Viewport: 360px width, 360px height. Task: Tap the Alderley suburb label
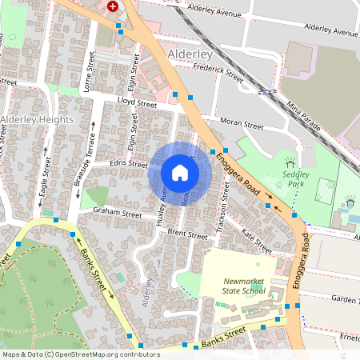click(190, 54)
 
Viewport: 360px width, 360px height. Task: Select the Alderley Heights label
click(37, 119)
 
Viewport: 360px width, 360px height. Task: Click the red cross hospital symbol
click(113, 5)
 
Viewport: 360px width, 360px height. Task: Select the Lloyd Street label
click(137, 102)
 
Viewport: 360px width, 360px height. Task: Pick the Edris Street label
click(129, 163)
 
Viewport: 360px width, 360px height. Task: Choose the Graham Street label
click(117, 214)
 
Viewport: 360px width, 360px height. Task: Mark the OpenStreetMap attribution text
click(80, 354)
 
